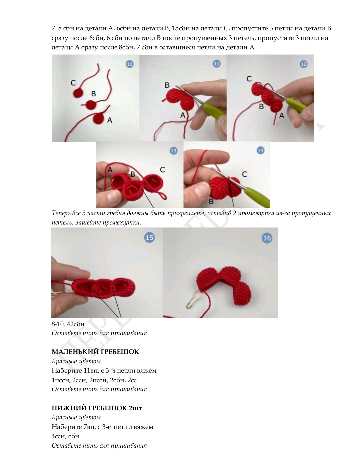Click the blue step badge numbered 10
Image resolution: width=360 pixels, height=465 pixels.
[130, 64]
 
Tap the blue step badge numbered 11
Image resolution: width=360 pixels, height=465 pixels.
[217, 64]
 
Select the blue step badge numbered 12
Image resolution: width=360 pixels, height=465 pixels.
[303, 64]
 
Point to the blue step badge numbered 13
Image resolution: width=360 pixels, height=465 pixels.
[173, 151]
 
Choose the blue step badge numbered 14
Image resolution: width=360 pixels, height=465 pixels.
[260, 150]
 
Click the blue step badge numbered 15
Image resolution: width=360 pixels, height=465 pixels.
[149, 238]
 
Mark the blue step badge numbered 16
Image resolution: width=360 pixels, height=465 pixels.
[267, 238]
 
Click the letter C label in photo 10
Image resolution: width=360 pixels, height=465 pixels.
[73, 83]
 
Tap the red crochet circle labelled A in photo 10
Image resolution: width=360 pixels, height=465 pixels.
[99, 118]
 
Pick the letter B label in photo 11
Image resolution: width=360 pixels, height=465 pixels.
[167, 85]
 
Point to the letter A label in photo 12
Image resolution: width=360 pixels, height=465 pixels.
[282, 115]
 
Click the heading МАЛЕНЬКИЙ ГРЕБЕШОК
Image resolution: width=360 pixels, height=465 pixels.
[95, 352]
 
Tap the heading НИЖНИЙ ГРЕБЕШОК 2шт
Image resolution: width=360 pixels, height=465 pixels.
[97, 408]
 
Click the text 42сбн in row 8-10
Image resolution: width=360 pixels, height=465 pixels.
[76, 324]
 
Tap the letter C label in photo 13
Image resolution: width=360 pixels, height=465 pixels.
[162, 170]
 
